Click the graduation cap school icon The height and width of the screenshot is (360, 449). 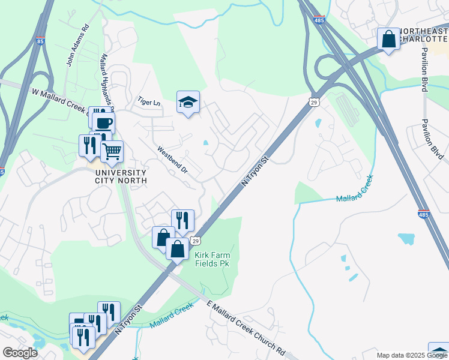coord(188,103)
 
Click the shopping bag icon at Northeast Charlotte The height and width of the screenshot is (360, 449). coord(389,39)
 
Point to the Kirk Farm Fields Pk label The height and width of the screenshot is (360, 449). coord(212,260)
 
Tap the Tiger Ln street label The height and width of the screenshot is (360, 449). coord(149,102)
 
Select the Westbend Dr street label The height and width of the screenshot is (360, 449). coord(172,160)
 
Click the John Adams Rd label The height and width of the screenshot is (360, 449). coord(77,45)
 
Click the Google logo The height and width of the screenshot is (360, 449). coord(20,353)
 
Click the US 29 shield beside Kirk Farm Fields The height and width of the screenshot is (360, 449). coord(196,241)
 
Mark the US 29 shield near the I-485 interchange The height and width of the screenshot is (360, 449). coord(314,103)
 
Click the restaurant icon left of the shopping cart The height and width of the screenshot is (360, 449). coord(89,145)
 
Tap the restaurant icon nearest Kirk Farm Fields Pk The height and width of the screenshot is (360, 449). coord(182,220)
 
